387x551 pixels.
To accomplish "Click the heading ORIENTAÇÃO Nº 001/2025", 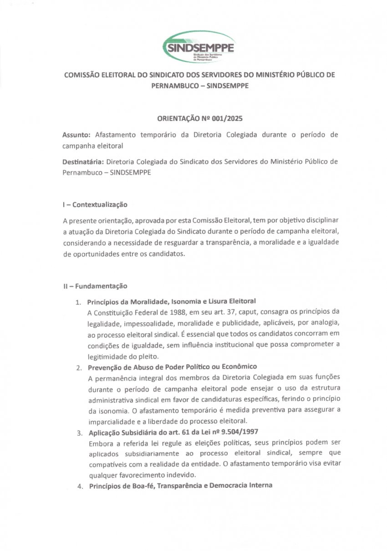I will pos(199,119).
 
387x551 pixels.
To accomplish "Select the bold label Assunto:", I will pos(76,135).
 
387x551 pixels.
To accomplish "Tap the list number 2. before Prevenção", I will pos(79,367).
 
